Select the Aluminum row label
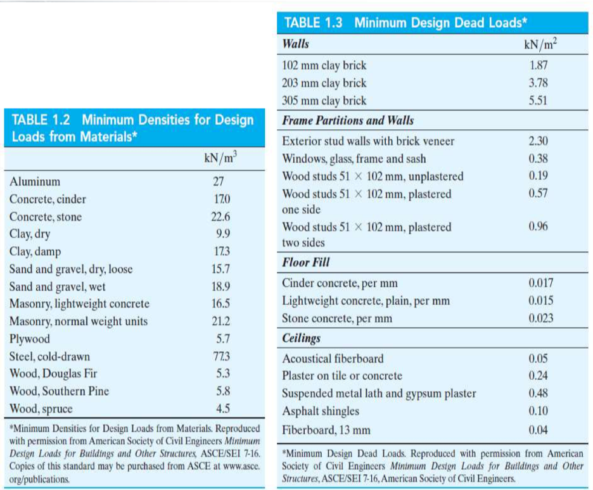[35, 182]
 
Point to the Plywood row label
[30, 339]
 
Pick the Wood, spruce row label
[41, 408]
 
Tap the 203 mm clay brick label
[324, 83]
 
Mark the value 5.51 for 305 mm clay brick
[538, 101]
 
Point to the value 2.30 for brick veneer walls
[538, 141]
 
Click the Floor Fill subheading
[306, 261]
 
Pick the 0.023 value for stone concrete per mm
[540, 318]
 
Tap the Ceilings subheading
[302, 337]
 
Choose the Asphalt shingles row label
[321, 411]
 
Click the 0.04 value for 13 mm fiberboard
[538, 430]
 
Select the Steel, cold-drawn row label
[49, 356]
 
